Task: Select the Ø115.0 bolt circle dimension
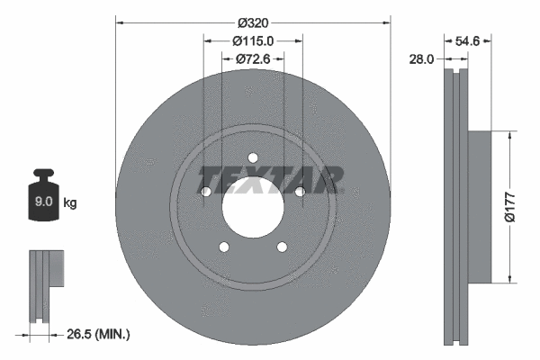coord(253,40)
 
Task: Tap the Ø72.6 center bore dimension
coord(253,59)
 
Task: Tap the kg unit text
coord(70,203)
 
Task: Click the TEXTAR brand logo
coord(269,178)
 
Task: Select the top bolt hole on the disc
coord(253,158)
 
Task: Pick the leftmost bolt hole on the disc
coord(206,192)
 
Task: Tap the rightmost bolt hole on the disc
coord(300,192)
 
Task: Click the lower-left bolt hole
coord(224,247)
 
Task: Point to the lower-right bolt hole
coord(282,247)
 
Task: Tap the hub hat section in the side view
coord(479,207)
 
